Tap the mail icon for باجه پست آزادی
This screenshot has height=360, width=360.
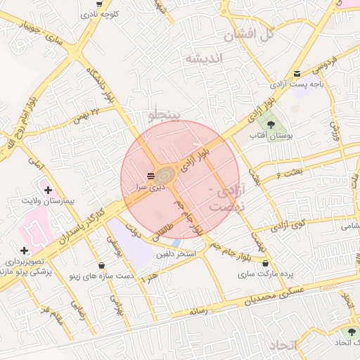pos(297,73)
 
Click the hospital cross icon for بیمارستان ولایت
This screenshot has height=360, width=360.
pos(48,190)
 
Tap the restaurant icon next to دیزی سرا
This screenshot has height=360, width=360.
pos(150,175)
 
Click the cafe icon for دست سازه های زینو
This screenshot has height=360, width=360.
pos(104,266)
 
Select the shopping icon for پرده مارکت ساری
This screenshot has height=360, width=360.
pos(265,263)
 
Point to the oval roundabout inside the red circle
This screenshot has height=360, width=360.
pos(167,176)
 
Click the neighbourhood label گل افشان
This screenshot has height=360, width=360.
pos(246,34)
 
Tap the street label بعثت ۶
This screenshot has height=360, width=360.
pos(279,173)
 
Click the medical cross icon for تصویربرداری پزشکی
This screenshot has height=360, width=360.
pos(25,250)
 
